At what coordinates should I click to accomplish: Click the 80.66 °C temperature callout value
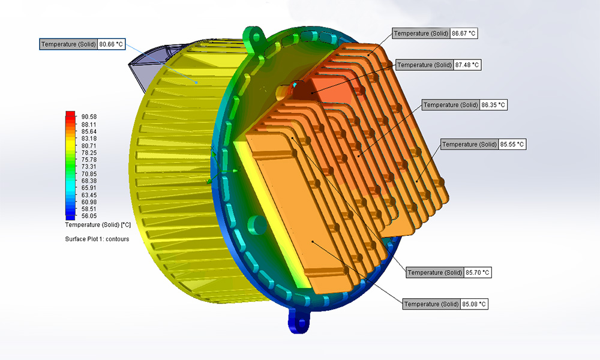(x=112, y=44)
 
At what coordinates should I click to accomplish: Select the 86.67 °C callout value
(x=464, y=34)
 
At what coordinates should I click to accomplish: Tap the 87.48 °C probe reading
(x=467, y=65)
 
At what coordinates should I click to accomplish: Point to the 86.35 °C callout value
(x=493, y=105)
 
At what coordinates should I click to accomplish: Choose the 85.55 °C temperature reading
(x=512, y=145)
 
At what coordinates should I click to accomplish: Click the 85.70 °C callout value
(x=478, y=273)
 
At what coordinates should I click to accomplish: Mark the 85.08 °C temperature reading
(x=474, y=305)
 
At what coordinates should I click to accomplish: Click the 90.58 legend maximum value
(x=89, y=117)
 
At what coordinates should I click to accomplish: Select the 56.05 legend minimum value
(x=89, y=216)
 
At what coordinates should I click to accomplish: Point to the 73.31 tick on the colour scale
(x=89, y=167)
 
